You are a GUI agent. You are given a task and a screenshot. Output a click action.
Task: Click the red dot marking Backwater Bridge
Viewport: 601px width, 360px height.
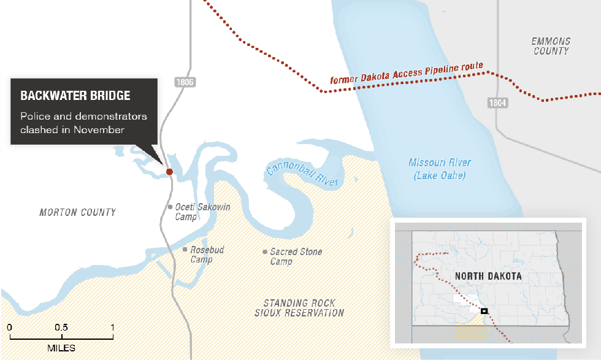click(x=169, y=172)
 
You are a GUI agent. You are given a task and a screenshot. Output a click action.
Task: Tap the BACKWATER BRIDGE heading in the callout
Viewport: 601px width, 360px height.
click(x=75, y=96)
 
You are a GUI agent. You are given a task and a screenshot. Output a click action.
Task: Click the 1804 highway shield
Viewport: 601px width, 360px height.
click(x=498, y=103)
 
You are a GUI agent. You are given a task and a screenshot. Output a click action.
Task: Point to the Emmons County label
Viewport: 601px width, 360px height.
click(x=551, y=46)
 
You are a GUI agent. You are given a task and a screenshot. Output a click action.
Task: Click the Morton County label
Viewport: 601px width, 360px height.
click(x=77, y=212)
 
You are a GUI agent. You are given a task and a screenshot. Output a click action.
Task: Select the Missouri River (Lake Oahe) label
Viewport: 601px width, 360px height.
click(x=440, y=169)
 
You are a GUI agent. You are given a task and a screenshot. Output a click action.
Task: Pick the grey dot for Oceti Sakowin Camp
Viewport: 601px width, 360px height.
click(x=170, y=207)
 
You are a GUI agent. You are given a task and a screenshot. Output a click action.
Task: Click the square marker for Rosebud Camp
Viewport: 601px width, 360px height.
click(x=185, y=250)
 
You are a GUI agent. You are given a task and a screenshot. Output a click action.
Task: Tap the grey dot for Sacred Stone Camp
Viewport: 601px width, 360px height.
click(x=264, y=252)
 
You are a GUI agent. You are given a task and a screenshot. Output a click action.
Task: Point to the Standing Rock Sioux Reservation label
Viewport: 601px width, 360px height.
click(x=299, y=308)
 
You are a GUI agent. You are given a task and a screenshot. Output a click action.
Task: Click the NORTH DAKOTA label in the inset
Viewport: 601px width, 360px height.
click(x=488, y=276)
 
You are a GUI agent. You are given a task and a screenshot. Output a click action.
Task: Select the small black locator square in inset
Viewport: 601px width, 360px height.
click(x=484, y=312)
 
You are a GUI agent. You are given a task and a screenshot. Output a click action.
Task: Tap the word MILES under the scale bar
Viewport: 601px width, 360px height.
click(x=61, y=348)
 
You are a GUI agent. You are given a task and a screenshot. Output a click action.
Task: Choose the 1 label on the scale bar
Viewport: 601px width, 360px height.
click(x=112, y=327)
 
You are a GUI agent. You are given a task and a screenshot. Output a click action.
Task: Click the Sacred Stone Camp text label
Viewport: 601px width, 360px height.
click(x=296, y=256)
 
